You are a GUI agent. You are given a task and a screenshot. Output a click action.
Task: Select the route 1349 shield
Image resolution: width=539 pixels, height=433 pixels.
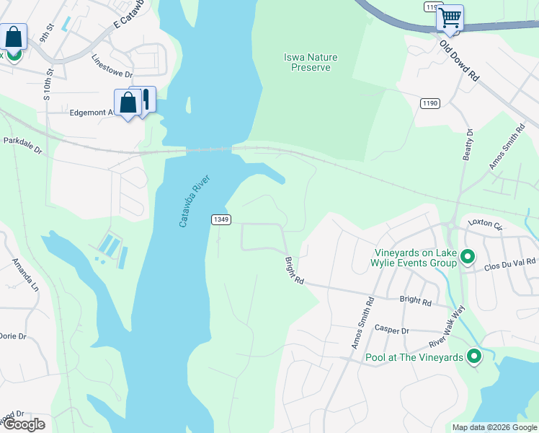point(220,219)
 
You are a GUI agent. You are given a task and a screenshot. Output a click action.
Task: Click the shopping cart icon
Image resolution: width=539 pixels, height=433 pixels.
point(450,17)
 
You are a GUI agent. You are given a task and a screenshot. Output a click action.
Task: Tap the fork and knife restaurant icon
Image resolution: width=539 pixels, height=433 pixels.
point(146,99)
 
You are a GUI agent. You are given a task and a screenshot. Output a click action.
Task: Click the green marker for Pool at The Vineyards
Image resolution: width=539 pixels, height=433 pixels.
point(474,356)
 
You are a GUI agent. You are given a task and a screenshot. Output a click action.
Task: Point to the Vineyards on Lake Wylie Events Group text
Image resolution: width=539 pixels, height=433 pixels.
point(416,258)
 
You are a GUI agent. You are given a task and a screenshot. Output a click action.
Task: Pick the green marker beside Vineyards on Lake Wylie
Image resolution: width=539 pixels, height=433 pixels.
point(467,256)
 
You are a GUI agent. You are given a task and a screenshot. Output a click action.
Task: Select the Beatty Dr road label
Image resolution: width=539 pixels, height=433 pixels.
point(468,144)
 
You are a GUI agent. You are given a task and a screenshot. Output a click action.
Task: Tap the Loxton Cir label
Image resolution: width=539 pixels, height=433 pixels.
point(484,223)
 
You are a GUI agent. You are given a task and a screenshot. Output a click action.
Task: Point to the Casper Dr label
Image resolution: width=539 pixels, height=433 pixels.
point(391,331)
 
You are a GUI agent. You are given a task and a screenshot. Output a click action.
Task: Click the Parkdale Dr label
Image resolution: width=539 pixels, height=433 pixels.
point(22,146)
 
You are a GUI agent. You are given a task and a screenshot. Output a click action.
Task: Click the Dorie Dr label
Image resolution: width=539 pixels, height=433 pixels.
point(12,336)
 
